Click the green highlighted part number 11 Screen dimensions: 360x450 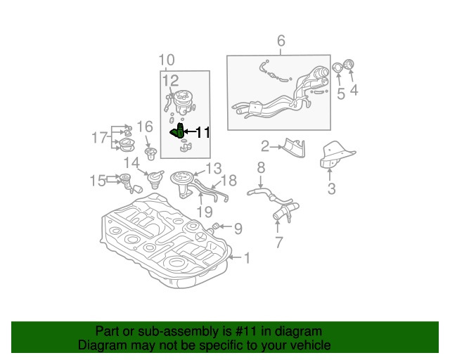[x=179, y=130]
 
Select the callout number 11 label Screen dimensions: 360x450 [x=202, y=131]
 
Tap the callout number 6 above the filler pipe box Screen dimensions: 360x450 [x=281, y=41]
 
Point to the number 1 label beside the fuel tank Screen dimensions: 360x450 [x=246, y=258]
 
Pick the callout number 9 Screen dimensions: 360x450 [x=238, y=228]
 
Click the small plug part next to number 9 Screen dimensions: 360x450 [x=216, y=226]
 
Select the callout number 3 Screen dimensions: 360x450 [x=330, y=188]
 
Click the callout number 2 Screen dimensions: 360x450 [x=266, y=146]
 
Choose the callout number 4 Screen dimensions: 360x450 [x=354, y=90]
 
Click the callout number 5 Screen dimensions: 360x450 [x=340, y=94]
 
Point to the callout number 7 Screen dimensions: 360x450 [x=278, y=243]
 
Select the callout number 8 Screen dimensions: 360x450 [x=260, y=167]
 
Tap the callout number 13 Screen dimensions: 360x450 [x=213, y=168]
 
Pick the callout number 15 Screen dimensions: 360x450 [x=97, y=181]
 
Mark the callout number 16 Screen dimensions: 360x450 [x=144, y=127]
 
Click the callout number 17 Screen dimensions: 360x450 [x=99, y=137]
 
